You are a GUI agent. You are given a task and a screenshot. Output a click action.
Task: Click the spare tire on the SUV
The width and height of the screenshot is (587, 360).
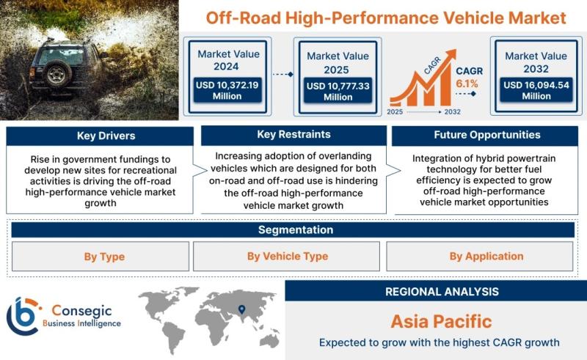(57, 73)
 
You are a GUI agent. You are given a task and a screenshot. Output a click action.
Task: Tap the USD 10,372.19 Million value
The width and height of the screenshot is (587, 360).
(227, 90)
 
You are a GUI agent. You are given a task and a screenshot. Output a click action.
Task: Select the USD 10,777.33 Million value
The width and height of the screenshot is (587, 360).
(338, 92)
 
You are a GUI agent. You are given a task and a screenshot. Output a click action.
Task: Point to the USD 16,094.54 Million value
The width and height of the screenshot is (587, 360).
(536, 90)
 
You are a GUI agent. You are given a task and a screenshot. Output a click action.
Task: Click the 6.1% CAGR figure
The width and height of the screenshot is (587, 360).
(467, 84)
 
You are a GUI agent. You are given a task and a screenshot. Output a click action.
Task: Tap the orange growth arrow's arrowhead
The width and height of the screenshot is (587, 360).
(451, 55)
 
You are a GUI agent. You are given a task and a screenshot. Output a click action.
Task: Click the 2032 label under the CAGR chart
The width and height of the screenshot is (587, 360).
(452, 111)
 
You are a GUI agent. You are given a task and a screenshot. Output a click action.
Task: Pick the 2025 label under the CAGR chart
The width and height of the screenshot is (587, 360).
(395, 111)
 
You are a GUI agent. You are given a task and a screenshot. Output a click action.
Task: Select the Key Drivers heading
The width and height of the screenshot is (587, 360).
(106, 136)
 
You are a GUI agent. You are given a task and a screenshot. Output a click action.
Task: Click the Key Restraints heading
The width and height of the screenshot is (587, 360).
(294, 134)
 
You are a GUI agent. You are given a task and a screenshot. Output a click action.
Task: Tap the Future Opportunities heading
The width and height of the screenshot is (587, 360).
(487, 135)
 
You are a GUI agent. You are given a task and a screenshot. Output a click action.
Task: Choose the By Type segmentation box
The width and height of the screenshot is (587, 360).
(101, 257)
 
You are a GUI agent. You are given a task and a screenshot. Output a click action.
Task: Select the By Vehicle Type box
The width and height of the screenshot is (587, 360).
(286, 256)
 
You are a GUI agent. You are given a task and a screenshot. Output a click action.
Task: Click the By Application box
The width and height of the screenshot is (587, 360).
(480, 256)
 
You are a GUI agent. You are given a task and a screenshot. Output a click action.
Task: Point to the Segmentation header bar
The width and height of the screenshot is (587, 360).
(293, 229)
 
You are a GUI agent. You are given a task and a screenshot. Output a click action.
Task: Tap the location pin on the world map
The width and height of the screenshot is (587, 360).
(242, 309)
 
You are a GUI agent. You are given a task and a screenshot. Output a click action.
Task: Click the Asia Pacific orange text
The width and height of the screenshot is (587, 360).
(442, 321)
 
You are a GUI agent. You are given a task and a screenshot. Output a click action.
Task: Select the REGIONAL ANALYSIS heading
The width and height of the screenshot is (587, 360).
(442, 292)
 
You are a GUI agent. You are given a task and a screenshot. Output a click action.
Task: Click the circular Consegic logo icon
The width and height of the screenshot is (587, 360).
(23, 316)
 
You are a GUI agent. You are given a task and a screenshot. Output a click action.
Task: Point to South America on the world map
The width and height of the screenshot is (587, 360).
(172, 337)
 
